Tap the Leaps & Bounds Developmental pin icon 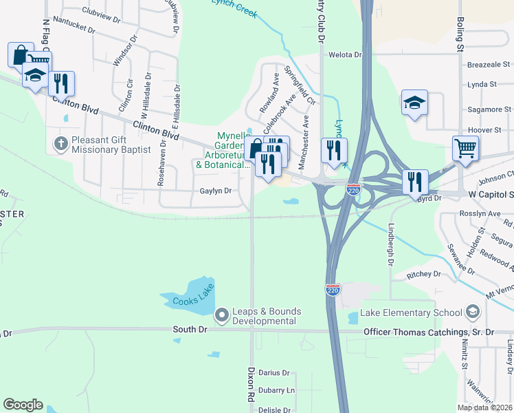coord(222,316)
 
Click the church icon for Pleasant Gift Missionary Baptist coord(60,145)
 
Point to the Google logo coord(23,405)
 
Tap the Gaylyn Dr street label coord(215,191)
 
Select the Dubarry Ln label coord(278,390)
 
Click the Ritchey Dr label coord(423,274)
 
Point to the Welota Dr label coord(345,54)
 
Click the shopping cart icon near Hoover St coord(465,148)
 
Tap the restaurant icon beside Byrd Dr coord(415,182)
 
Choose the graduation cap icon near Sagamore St coord(414,103)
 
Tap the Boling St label coord(460,30)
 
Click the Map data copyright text coord(485,407)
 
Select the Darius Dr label coord(275,372)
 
